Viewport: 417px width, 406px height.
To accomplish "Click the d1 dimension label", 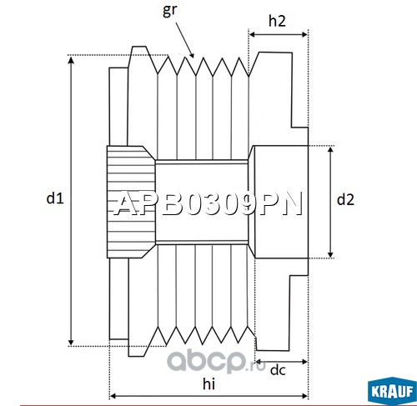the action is click(x=55, y=198).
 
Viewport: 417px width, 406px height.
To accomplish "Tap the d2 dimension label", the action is click(x=345, y=199).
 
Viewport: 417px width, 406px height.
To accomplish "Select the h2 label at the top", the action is click(x=277, y=21).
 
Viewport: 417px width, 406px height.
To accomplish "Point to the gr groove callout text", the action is click(x=169, y=11).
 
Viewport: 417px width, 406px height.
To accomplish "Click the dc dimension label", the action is click(x=278, y=370).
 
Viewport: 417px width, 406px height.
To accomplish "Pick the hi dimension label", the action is click(x=208, y=383).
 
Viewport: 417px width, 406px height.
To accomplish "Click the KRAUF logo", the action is click(x=392, y=391).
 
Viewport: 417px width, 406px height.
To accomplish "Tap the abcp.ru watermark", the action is click(x=216, y=362).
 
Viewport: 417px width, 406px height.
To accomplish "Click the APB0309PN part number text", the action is click(x=208, y=204).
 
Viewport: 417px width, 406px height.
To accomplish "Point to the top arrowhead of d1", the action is click(x=71, y=59).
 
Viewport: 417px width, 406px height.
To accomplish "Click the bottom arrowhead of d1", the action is click(x=71, y=343).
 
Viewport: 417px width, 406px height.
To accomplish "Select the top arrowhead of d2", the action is click(x=330, y=150).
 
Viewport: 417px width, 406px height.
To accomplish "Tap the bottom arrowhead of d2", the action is click(x=330, y=254).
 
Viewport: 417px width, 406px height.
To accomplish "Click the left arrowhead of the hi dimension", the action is click(x=113, y=396).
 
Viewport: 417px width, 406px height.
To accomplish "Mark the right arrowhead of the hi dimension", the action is click(x=304, y=396).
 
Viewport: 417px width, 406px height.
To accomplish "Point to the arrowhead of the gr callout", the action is click(x=191, y=54).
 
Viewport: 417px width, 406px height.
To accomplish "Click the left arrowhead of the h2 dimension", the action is click(x=253, y=34).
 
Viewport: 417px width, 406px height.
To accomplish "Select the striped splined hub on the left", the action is click(x=131, y=202).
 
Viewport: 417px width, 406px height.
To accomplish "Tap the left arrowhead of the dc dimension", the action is click(x=259, y=362).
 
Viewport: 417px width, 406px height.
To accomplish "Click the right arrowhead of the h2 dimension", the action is click(x=304, y=34).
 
